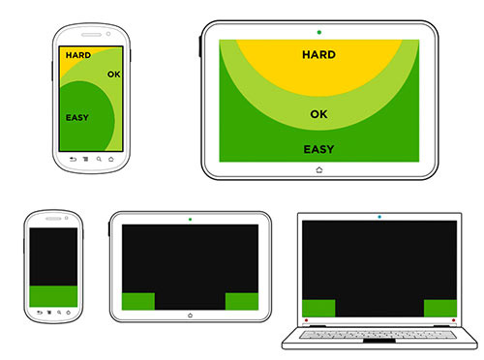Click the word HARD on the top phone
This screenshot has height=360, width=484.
coord(78,55)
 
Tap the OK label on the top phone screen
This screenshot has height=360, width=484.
coord(114,75)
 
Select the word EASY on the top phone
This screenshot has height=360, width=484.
coord(77,118)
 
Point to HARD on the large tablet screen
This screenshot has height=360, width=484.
coord(318,54)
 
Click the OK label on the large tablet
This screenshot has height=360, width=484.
coord(318,114)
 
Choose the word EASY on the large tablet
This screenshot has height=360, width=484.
coord(318,149)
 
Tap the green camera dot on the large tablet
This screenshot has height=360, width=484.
coord(319,32)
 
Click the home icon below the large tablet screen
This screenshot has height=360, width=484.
coord(319,169)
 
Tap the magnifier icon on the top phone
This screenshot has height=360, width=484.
coord(99,159)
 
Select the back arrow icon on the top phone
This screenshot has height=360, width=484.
coord(74,159)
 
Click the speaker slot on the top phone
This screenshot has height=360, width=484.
coord(92,35)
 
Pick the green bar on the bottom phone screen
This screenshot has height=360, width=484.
coord(53,296)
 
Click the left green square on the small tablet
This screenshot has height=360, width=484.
coord(138,301)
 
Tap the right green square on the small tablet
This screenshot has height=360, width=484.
coord(242,301)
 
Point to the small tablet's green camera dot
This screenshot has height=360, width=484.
coord(190,220)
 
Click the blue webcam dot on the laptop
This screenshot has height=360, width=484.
coord(379,217)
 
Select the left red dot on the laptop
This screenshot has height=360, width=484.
coord(306,320)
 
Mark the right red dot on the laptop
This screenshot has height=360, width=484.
coord(453,320)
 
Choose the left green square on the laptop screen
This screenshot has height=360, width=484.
coord(318,308)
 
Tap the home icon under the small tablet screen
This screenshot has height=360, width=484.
coord(190,315)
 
